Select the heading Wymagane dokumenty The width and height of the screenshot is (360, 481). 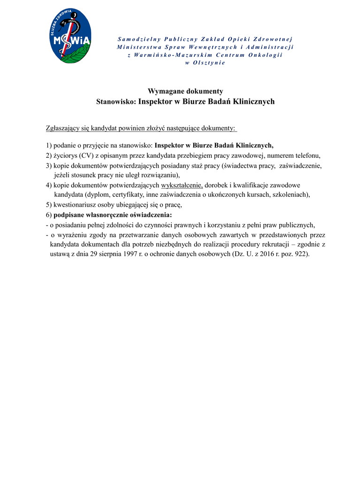pyautogui.click(x=185, y=91)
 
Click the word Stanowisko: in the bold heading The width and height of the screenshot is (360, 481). pyautogui.click(x=116, y=101)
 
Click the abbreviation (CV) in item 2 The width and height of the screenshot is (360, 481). pyautogui.click(x=85, y=155)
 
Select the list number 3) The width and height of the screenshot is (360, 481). pyautogui.click(x=49, y=165)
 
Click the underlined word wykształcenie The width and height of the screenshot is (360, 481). pyautogui.click(x=182, y=185)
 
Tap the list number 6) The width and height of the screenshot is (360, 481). pyautogui.click(x=49, y=215)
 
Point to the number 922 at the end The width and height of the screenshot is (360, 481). pyautogui.click(x=301, y=254)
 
